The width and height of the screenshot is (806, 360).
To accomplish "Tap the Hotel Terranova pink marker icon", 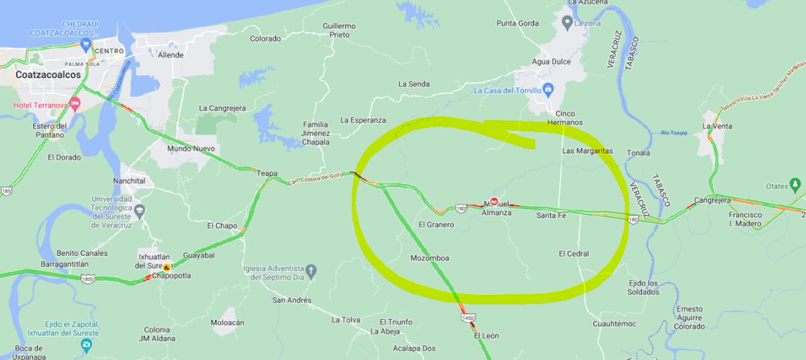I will [75, 105].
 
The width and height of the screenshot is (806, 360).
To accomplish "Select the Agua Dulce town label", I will [551, 61].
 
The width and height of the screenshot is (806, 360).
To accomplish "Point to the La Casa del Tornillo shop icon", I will [548, 90].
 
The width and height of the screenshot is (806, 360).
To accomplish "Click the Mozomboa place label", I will [429, 258].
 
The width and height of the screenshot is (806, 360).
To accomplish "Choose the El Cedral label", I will [574, 254].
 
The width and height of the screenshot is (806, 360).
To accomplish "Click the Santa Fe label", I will [551, 216].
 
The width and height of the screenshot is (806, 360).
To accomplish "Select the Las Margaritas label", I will [588, 151].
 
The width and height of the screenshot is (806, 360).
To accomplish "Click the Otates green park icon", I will [796, 183].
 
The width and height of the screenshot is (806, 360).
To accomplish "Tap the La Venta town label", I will [717, 126].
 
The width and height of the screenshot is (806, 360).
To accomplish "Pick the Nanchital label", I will [130, 181].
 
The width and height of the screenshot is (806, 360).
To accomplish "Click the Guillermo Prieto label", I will [339, 30].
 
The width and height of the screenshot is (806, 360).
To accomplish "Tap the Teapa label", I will [267, 173].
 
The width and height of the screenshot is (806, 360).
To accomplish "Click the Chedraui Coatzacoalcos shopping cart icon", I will [85, 46].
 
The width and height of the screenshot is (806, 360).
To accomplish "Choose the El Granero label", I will [437, 224].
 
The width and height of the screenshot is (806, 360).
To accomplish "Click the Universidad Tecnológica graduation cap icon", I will [140, 212].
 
